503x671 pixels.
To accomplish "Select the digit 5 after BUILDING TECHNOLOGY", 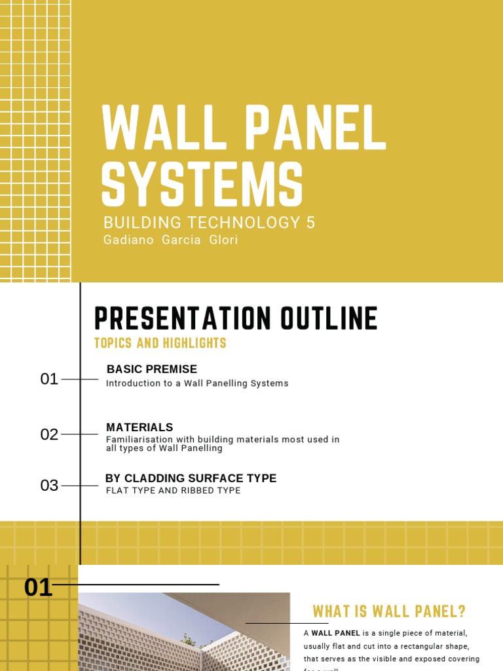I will tap(310, 223).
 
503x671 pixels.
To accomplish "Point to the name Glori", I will tap(223, 240).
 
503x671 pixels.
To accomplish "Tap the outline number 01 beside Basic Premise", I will tap(49, 379).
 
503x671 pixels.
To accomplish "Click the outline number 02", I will tap(49, 434).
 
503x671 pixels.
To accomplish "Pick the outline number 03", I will tap(49, 486).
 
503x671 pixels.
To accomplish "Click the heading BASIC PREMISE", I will tap(151, 370).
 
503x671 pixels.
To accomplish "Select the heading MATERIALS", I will tap(140, 427).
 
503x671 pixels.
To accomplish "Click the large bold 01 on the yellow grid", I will tap(38, 587).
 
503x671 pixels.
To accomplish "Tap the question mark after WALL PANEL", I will tap(462, 611).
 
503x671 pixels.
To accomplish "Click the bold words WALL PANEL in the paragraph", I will tap(335, 633).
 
